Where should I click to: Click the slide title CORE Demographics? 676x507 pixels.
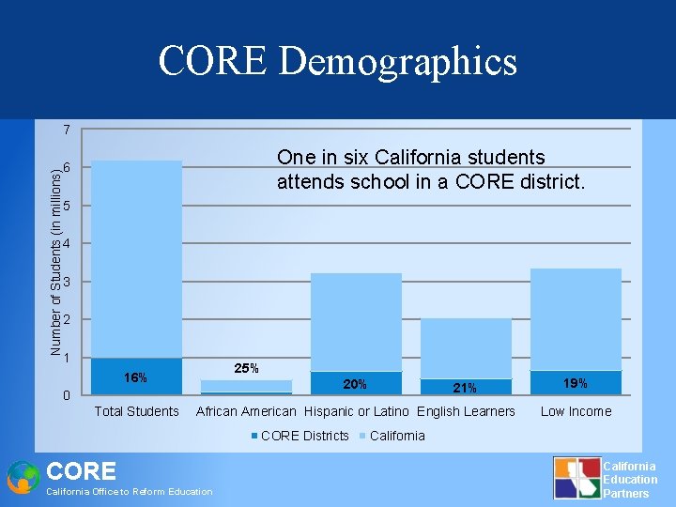pos(338,62)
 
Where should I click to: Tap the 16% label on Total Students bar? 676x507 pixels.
pos(136,377)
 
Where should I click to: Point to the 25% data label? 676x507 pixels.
pos(246,368)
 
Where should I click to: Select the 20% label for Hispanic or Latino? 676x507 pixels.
pos(355,384)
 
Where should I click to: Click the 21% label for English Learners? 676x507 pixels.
pos(465,388)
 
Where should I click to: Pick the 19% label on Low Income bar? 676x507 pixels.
pos(576,383)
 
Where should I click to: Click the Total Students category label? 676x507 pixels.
pos(137,411)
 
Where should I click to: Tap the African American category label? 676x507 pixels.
pos(246,411)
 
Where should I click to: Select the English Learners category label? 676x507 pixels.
pos(467,411)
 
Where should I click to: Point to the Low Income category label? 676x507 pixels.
pos(576,411)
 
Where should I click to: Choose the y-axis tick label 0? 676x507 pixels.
pos(66,396)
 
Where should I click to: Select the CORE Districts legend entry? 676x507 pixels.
pos(300,436)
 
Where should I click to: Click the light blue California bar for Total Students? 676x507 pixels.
pos(137,258)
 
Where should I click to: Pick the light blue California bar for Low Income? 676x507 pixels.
pos(576,319)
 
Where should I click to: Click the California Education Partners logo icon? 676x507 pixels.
pos(576,477)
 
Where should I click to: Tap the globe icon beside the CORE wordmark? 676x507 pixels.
pos(23,477)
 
